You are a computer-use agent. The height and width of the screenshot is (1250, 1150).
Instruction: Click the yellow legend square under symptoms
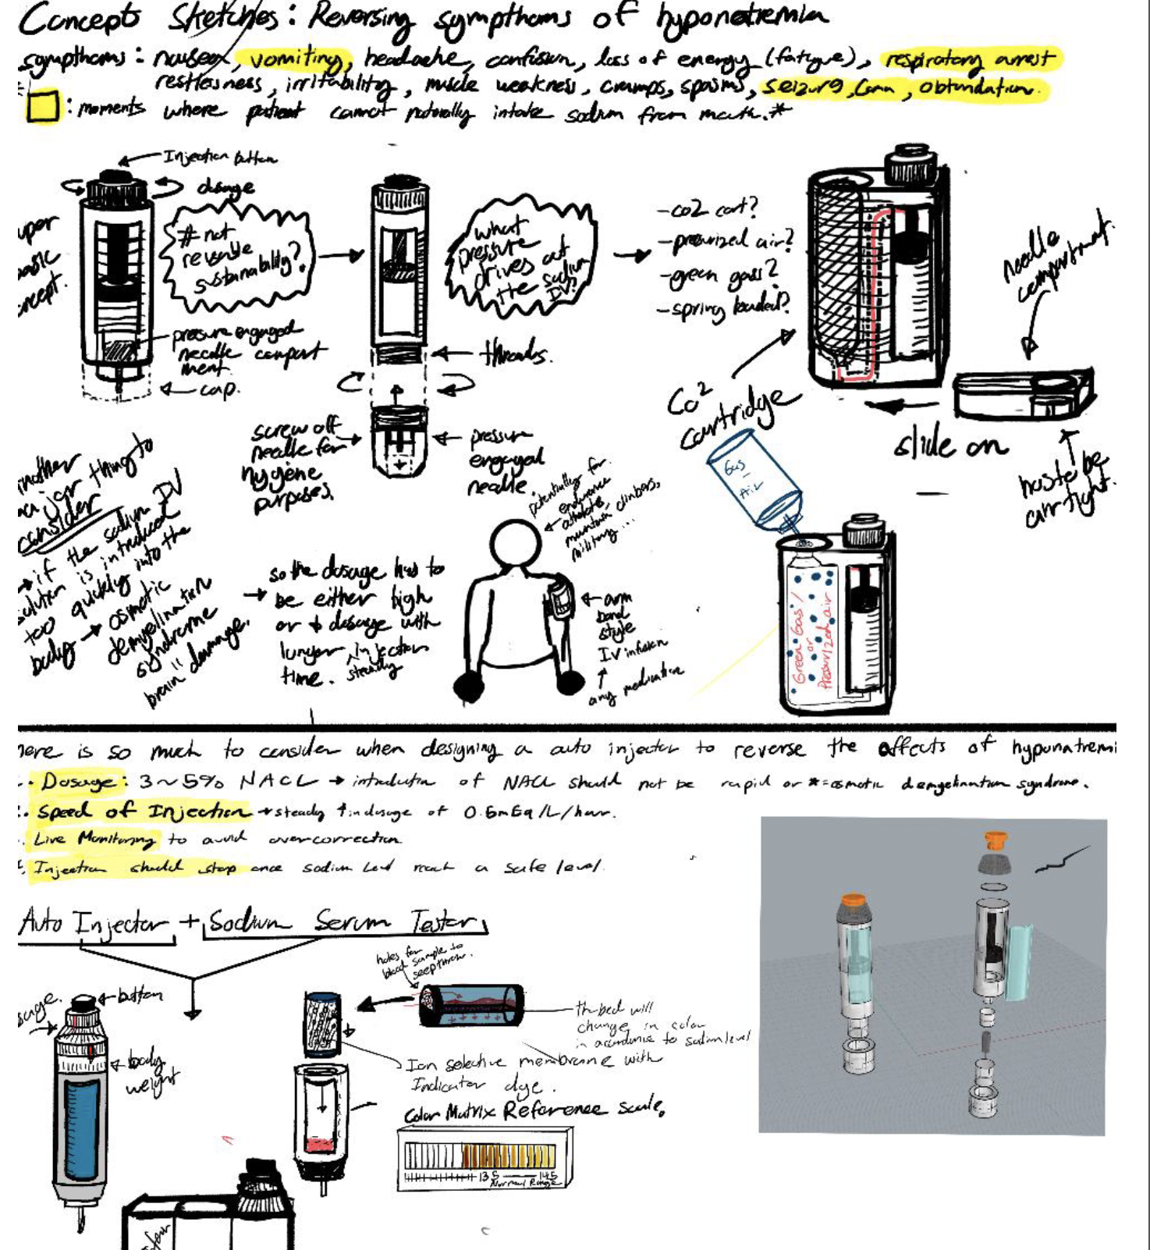point(43,107)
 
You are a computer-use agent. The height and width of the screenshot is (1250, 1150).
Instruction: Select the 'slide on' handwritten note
point(950,445)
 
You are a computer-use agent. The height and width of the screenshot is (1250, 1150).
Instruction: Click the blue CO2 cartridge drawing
point(754,485)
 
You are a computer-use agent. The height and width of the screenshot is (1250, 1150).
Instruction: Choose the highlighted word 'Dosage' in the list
point(82,781)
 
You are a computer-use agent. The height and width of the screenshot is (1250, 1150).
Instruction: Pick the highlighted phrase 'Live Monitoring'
point(94,840)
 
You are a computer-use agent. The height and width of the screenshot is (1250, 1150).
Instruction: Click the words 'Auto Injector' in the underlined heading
point(94,923)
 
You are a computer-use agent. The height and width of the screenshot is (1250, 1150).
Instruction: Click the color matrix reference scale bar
point(480,1155)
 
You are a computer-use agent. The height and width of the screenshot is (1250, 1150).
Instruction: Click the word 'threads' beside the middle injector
point(516,355)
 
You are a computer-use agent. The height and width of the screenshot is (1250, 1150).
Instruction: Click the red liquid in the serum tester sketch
point(319,1145)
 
